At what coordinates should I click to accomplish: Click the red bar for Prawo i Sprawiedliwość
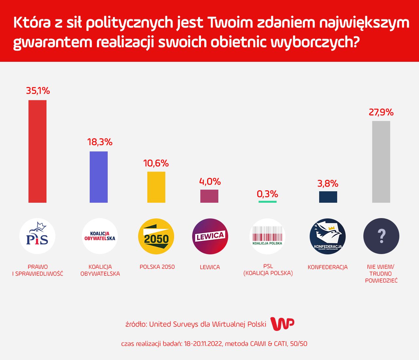[37, 151]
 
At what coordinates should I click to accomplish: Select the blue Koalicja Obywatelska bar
[99, 177]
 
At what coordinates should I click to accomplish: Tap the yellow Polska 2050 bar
[156, 187]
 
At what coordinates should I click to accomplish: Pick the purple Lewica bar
[209, 196]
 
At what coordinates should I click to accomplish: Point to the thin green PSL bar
[267, 202]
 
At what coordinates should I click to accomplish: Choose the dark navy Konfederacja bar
[328, 197]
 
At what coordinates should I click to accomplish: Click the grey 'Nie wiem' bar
[381, 162]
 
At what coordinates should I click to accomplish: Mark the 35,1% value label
[38, 91]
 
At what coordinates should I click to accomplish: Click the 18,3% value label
[100, 142]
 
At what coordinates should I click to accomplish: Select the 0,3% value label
[267, 194]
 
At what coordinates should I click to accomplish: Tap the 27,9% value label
[381, 112]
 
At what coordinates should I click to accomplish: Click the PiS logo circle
[37, 236]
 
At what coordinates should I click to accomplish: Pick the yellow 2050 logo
[156, 236]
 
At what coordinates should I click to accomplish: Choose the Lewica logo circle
[210, 236]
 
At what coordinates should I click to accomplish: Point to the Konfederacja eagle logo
[328, 236]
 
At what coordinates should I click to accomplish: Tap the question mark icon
[381, 236]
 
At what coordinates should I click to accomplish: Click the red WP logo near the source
[282, 324]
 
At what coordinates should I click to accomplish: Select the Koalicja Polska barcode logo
[267, 236]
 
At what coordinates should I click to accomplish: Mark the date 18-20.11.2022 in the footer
[203, 344]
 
